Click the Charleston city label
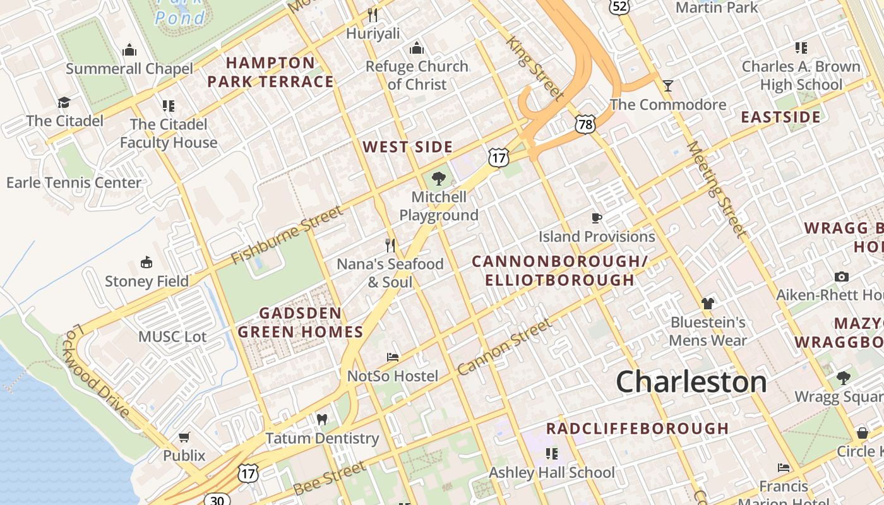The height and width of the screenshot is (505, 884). (x=691, y=382)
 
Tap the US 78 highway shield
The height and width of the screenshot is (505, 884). (x=585, y=124)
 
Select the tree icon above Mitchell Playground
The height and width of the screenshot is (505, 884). (x=439, y=179)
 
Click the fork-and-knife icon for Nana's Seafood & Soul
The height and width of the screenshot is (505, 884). (x=390, y=245)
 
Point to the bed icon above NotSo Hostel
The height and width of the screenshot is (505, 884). (x=393, y=357)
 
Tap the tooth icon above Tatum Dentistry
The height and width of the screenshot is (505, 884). (x=322, y=420)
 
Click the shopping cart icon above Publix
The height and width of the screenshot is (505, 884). (x=184, y=437)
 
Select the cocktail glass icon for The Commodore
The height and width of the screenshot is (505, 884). (x=668, y=85)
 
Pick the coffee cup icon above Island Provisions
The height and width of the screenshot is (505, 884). (x=597, y=218)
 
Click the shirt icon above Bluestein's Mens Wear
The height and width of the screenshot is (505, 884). (x=708, y=304)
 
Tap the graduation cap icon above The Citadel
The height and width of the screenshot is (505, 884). (x=64, y=102)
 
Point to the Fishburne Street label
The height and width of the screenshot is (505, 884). (x=287, y=235)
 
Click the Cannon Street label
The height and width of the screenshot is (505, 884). (x=505, y=347)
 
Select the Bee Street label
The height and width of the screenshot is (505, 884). (x=330, y=478)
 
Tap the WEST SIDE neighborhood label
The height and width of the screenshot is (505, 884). (x=408, y=147)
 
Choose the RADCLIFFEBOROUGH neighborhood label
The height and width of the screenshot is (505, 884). (x=638, y=429)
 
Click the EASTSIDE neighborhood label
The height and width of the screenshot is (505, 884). (x=781, y=117)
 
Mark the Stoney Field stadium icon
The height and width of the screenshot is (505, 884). (x=146, y=263)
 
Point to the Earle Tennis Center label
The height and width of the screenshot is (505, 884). (x=74, y=183)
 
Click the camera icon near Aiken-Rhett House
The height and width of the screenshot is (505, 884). (x=842, y=276)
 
